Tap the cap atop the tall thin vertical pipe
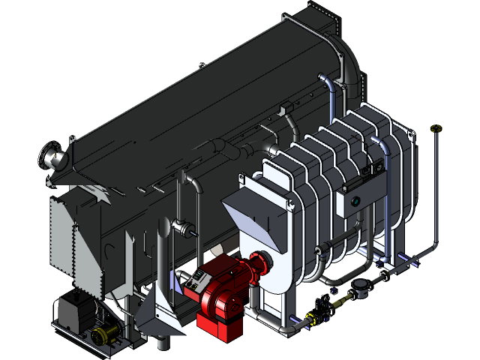pyautogui.click(x=435, y=130)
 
